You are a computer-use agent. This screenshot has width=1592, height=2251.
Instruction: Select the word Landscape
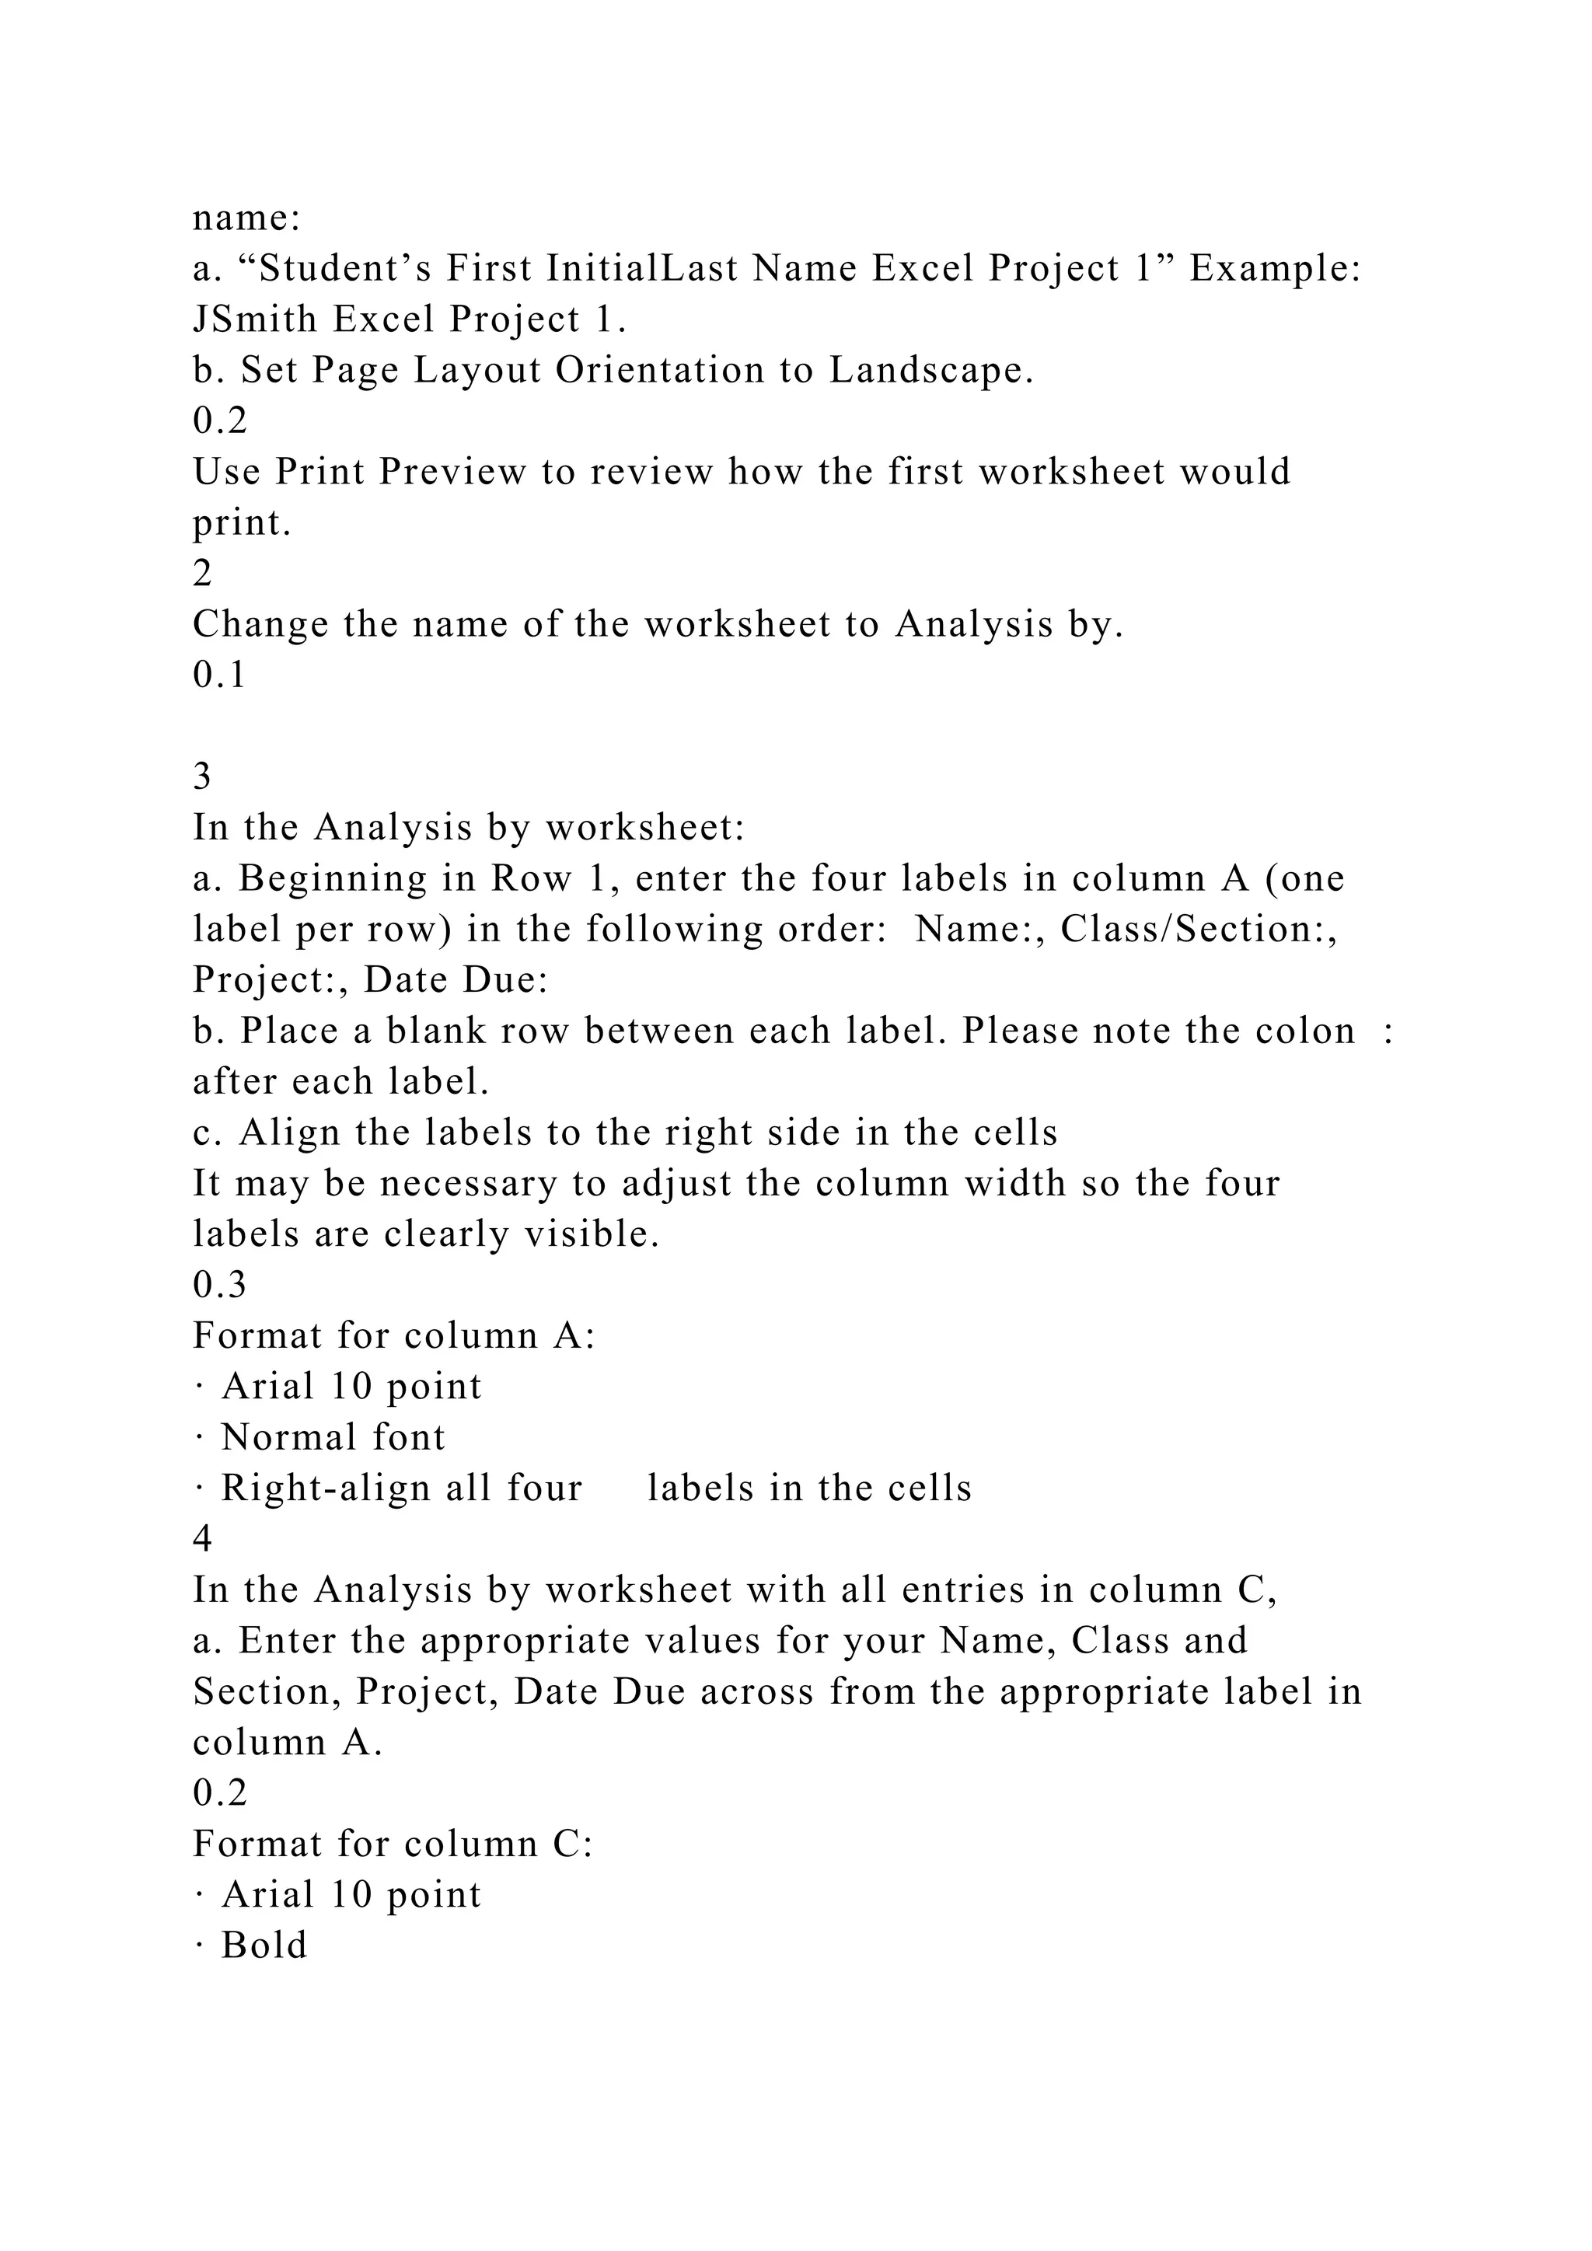coord(931,370)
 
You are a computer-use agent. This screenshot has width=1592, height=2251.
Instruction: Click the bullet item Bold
coord(264,1945)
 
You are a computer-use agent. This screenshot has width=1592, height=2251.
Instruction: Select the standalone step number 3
coord(202,777)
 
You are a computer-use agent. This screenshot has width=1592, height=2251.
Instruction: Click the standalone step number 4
coord(202,1539)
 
